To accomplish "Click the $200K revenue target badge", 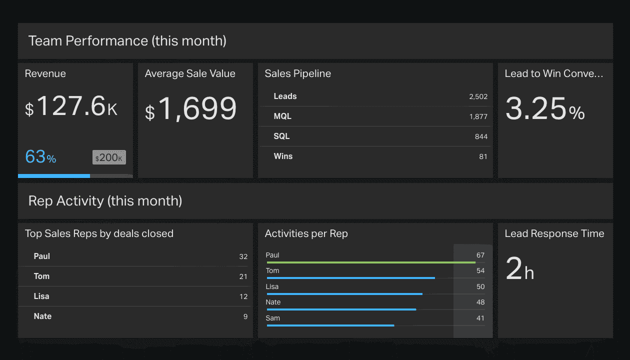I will tap(109, 157).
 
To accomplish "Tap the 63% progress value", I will tap(40, 157).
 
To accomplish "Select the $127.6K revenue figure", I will tap(71, 107).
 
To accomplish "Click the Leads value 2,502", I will tap(478, 96).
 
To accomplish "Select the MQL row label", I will tap(282, 116).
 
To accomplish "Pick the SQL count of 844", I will tap(481, 136).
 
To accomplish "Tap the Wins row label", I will tap(283, 156).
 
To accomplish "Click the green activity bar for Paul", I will tap(370, 262).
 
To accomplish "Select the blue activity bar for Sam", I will tap(330, 325).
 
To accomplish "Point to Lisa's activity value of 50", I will tap(480, 286).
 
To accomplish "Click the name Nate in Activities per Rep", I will tap(273, 302).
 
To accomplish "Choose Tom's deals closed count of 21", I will tap(243, 276).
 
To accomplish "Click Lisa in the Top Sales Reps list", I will tap(41, 296).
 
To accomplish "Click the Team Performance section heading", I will tap(127, 41).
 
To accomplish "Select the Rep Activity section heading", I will tap(105, 201).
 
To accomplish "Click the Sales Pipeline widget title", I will tap(297, 73).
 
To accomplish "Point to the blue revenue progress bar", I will tap(54, 176).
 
